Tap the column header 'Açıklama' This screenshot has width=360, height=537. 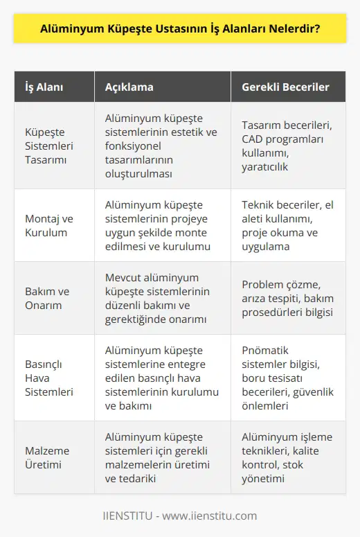[129, 87]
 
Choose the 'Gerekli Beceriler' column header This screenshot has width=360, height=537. [285, 87]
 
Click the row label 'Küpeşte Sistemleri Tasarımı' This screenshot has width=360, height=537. [42, 146]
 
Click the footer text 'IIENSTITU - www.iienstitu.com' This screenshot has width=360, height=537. [180, 516]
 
